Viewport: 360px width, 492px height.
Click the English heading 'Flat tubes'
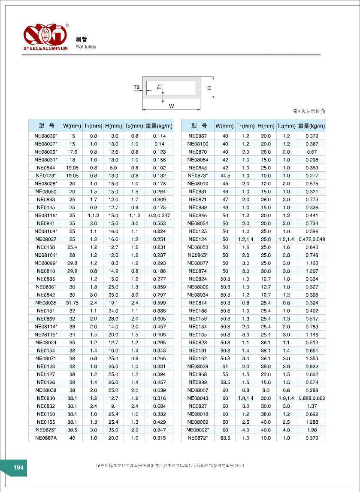[86, 47]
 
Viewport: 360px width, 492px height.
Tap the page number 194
[18, 468]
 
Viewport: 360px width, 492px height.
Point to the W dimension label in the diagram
[171, 106]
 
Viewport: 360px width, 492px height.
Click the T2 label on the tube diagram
[137, 88]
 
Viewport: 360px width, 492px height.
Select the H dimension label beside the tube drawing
[209, 88]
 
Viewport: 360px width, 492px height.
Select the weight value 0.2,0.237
[159, 216]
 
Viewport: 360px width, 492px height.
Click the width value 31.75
[72, 303]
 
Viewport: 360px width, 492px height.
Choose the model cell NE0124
[197, 239]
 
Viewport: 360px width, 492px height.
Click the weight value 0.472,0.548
[312, 239]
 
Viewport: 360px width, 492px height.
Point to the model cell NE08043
[197, 398]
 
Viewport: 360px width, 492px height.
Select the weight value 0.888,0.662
[312, 398]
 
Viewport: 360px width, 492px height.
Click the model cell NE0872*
[197, 438]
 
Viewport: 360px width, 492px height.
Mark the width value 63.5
[225, 438]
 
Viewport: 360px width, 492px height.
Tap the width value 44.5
[225, 176]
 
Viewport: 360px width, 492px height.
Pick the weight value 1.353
[312, 358]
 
